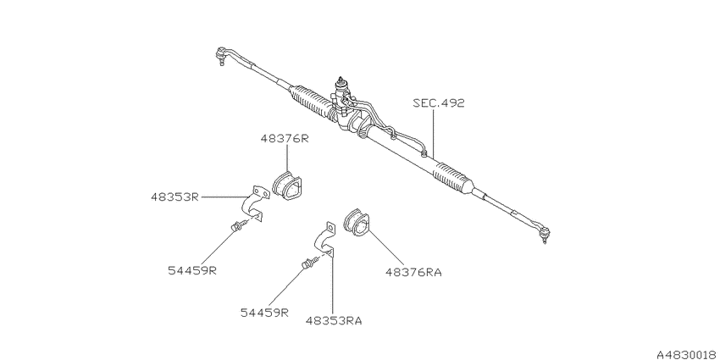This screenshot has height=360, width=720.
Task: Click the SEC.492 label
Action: click(x=438, y=102)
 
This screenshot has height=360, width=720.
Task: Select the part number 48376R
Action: click(x=285, y=139)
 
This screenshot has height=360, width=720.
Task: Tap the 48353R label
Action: click(x=174, y=197)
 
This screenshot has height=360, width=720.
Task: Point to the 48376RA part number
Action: click(x=413, y=272)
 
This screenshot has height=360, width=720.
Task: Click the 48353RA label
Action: click(x=334, y=320)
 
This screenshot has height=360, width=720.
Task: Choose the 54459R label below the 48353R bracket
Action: click(x=192, y=270)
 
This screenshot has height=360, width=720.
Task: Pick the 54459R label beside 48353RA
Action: click(x=264, y=313)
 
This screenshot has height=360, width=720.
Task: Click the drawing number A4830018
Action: click(x=688, y=354)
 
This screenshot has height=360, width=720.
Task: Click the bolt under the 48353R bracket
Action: click(x=239, y=225)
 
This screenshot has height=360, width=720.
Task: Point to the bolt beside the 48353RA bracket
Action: click(x=310, y=263)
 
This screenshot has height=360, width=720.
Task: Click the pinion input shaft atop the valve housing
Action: click(x=341, y=84)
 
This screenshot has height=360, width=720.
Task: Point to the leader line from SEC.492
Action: click(x=434, y=134)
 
